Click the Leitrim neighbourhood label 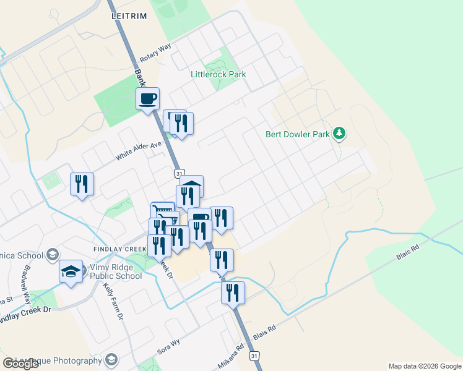coord(129,16)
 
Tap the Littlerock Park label coord(218,74)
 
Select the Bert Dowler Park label coord(298,134)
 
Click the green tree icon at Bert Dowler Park coord(339,133)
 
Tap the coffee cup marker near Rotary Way coord(148,99)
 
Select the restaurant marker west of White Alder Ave coord(82,184)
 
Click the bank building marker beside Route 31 coord(192,185)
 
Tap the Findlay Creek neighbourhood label coord(122,249)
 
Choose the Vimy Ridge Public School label coord(116,271)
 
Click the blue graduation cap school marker coord(71,271)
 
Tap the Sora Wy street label coord(168,346)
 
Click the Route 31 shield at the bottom coord(254,356)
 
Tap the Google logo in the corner coord(21,363)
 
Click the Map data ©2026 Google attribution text coord(424,366)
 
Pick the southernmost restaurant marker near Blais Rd coord(233,293)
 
